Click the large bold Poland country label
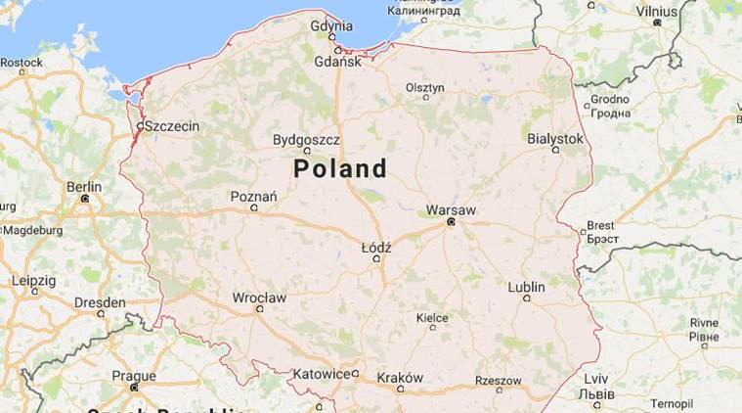340,168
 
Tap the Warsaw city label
451,210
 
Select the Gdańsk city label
338,62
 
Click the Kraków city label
400,378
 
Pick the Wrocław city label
259,298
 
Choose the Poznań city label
253,196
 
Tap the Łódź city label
376,248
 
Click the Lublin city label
527,287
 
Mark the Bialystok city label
555,139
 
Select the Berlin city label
84,186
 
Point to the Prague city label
134,375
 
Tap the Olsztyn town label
425,87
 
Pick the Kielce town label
432,318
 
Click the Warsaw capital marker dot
451,222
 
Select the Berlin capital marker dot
85,199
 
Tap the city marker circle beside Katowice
356,373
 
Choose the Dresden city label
101,302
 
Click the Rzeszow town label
498,380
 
